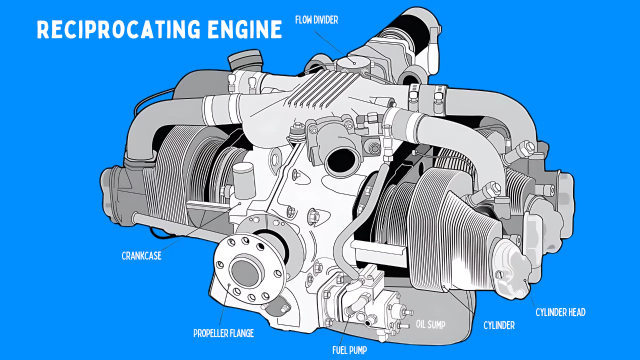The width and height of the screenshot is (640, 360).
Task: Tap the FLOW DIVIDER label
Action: tap(316, 20)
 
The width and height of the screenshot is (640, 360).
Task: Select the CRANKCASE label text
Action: tap(141, 256)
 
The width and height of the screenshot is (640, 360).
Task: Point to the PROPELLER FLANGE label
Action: tap(223, 333)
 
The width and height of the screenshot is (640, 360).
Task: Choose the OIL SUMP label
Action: tap(430, 324)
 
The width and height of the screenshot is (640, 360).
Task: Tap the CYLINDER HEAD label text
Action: tap(560, 312)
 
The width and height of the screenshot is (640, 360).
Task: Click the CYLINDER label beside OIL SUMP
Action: tap(498, 325)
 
